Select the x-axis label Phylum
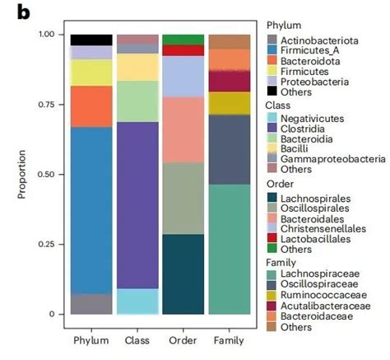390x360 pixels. [x=91, y=339]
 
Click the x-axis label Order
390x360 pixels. [x=183, y=339]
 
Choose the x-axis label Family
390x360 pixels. [x=229, y=339]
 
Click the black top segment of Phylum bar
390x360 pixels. [x=91, y=40]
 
